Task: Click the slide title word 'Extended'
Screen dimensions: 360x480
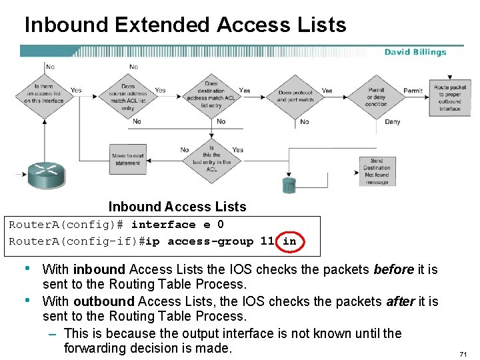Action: coord(163,25)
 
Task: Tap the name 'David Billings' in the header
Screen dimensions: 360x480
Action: coord(415,52)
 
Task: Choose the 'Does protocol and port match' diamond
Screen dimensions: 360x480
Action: coord(295,96)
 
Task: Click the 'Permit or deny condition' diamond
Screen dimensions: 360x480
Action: coord(376,95)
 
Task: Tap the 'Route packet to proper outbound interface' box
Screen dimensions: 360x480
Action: coord(450,98)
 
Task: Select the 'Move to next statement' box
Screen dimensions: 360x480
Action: coord(128,159)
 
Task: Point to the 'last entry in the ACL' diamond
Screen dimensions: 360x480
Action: coord(211,158)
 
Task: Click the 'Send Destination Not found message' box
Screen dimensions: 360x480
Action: coord(377,171)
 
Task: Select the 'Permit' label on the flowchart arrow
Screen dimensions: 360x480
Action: coord(413,91)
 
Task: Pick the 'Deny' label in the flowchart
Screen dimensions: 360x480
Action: coord(393,122)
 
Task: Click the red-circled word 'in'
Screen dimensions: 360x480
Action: coord(289,241)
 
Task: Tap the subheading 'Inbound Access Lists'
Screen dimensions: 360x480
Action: coord(177,207)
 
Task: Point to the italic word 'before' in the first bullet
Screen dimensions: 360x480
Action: coord(393,270)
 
